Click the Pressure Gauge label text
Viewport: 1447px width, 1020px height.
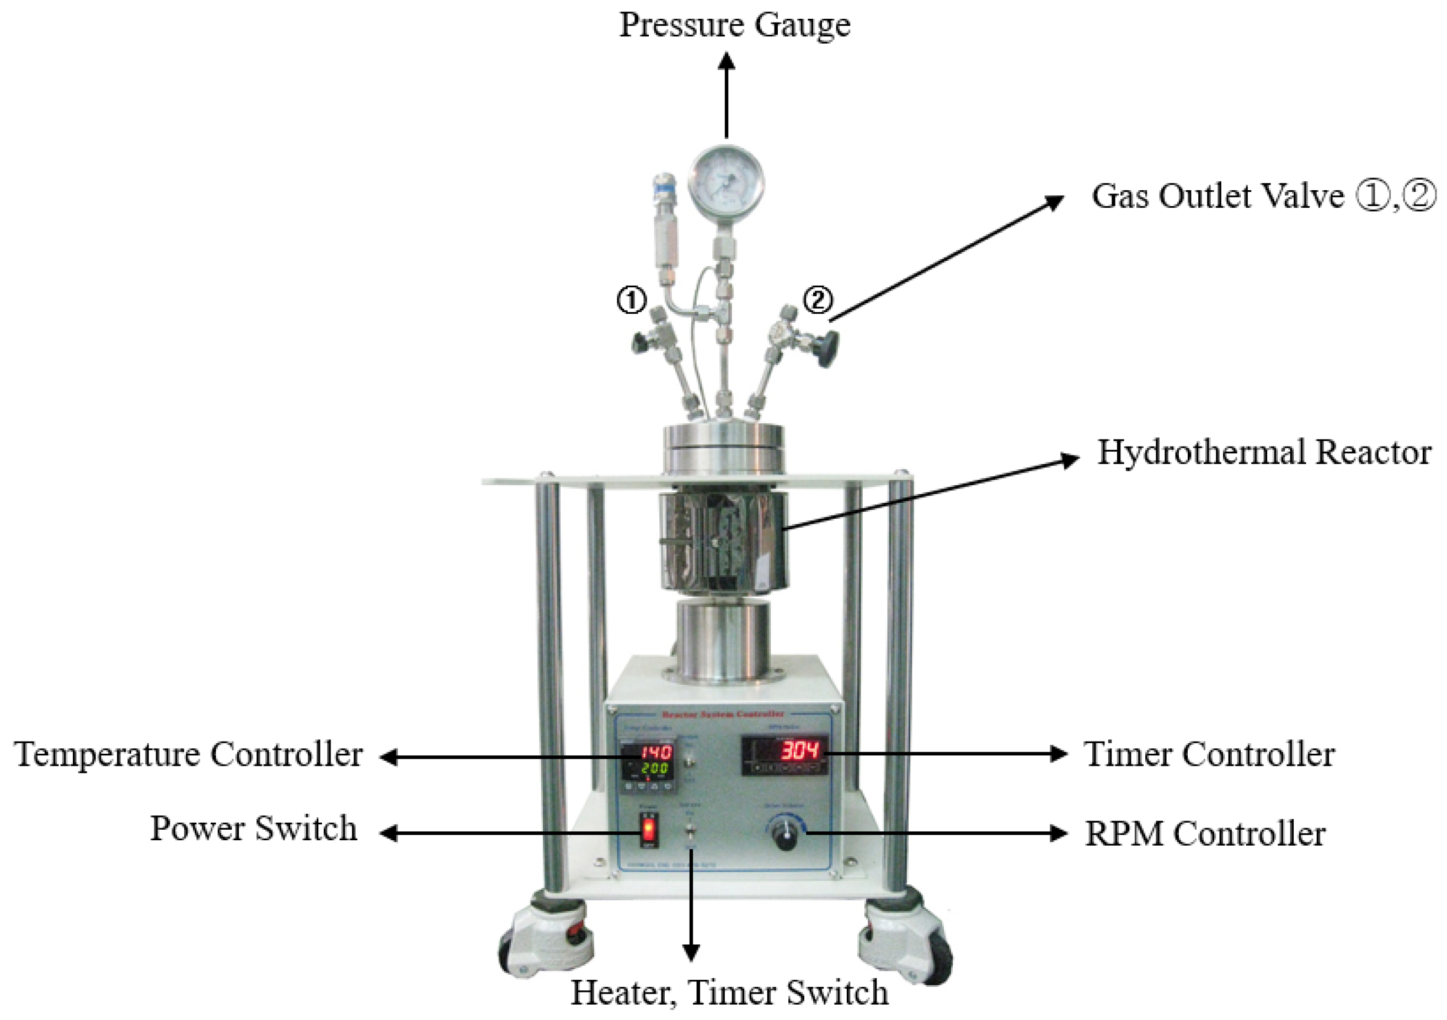[735, 25]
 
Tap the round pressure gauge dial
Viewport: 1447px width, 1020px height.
[726, 184]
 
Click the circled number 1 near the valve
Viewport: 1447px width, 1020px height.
[631, 300]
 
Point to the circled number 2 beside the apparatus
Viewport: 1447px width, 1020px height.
[818, 300]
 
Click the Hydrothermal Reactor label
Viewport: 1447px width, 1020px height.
[1264, 452]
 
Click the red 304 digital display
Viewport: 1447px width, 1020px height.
[800, 751]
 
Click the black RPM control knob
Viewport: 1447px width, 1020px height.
[785, 835]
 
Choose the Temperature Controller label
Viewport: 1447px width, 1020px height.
[189, 754]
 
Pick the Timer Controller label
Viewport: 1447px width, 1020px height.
[1209, 754]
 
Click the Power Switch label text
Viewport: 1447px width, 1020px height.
[253, 829]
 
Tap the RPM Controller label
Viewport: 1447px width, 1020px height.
[1205, 834]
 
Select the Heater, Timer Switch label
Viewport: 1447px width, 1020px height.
[729, 992]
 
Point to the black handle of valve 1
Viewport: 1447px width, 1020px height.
[642, 343]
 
